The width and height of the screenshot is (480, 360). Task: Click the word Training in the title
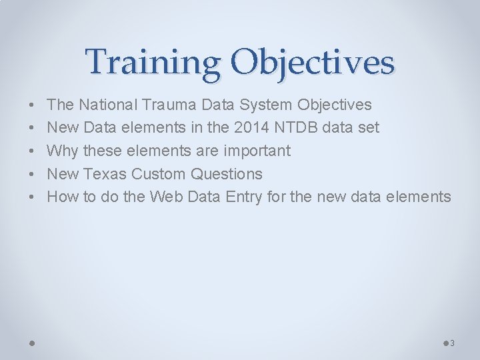point(153,63)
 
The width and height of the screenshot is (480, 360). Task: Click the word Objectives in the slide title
point(313,63)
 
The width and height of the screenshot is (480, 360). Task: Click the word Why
point(62,151)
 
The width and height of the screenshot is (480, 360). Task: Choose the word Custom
point(159,174)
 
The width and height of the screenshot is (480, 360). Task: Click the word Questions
point(227,174)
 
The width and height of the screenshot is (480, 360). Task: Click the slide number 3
point(452,343)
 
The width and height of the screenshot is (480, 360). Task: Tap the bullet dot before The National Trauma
point(31,105)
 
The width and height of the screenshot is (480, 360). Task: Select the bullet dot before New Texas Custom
point(31,175)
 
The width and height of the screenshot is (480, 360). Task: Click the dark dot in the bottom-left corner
point(32,343)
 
